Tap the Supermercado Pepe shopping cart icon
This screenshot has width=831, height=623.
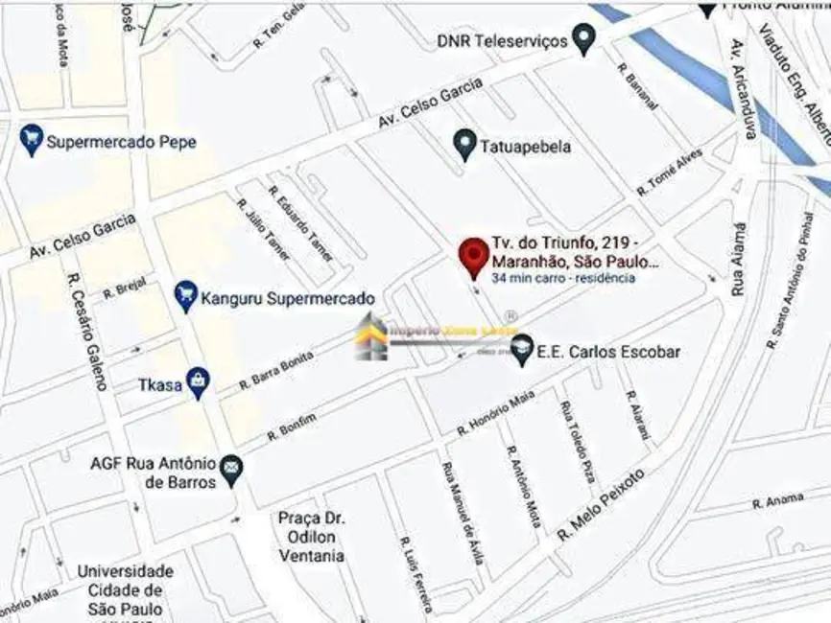[x=32, y=141]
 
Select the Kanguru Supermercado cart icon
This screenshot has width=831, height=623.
[x=185, y=296]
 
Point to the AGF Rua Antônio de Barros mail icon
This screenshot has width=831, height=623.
[x=230, y=469]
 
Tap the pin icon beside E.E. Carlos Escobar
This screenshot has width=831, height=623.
[x=522, y=351]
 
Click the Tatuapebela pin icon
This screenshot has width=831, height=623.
[x=464, y=146]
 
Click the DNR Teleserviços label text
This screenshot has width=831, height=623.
[x=502, y=41]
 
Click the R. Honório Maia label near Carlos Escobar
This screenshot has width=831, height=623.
[x=495, y=412]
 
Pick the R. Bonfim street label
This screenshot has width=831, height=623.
[x=291, y=422]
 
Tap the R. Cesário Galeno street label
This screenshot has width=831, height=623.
[x=86, y=331]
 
